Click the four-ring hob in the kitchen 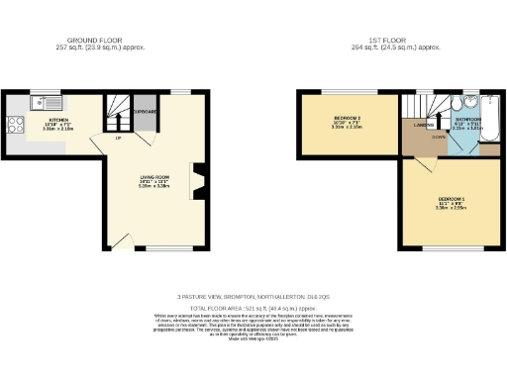16,125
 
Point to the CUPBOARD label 145,112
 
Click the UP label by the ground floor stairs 120,138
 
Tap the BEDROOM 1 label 451,200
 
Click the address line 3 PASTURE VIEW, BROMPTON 253,296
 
